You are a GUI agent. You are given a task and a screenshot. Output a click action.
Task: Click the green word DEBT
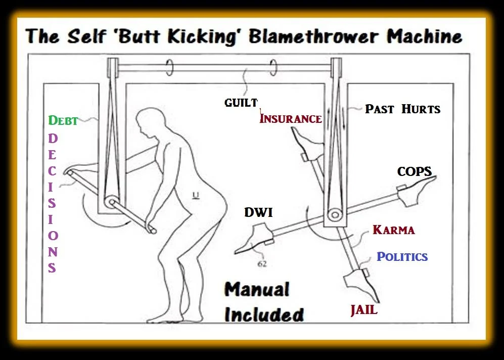[x=63, y=120]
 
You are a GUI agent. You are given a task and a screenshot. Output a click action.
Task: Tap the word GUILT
[x=241, y=103]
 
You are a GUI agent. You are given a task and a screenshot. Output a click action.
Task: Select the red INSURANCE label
[x=291, y=119]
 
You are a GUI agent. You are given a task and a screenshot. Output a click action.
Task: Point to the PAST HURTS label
[x=402, y=109]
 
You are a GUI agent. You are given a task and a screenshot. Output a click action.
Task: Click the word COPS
[x=415, y=171]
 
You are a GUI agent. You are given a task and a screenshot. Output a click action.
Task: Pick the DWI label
[x=258, y=212]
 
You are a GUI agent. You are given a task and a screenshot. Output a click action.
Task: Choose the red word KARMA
[x=394, y=230]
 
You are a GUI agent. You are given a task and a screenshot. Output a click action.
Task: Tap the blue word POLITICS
[x=402, y=256]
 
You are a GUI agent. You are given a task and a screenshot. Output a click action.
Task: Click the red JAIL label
[x=363, y=310]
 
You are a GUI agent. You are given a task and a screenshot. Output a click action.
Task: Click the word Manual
[x=256, y=290]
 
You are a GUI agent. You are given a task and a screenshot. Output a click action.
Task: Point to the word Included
[x=264, y=314]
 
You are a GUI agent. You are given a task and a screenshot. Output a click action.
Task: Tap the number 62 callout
[x=262, y=264]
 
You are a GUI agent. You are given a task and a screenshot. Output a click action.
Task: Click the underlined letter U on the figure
[x=196, y=195]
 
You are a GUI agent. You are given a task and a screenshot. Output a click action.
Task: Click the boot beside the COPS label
[x=416, y=191]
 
